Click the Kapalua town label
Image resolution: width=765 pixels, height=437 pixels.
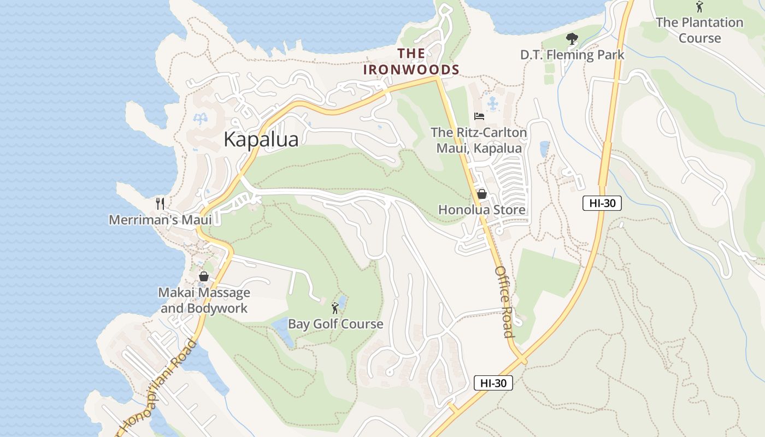(261, 140)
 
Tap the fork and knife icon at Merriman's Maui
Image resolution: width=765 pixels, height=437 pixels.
(160, 204)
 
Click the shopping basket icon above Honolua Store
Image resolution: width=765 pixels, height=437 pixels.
(482, 194)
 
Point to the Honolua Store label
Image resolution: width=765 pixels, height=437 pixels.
(482, 210)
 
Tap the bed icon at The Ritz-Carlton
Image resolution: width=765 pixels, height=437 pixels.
(479, 116)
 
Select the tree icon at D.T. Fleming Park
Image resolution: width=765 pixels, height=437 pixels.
(572, 39)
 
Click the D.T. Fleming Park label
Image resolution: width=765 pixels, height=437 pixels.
(572, 55)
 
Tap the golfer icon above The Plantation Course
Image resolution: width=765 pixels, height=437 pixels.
(699, 7)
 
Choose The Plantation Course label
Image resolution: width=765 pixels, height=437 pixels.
(699, 30)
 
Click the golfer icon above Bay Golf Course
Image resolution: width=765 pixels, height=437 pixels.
(335, 308)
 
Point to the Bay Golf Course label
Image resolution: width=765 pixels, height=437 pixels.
(336, 324)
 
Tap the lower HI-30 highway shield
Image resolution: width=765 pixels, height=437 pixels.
(493, 383)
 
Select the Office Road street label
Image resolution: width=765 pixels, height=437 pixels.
(504, 302)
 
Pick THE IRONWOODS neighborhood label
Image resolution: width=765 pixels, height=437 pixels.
(411, 62)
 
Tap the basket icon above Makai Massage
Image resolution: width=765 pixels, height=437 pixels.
(204, 276)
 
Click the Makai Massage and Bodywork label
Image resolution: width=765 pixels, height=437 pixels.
(204, 300)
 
